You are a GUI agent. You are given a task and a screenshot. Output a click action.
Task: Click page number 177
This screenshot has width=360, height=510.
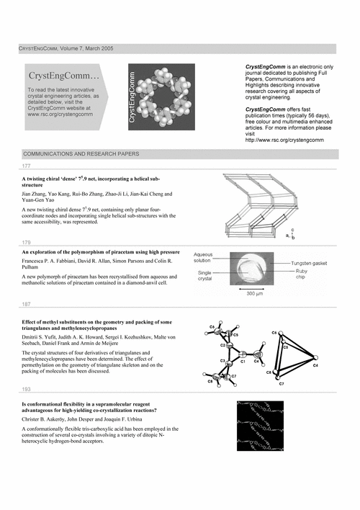pyautogui.click(x=26, y=166)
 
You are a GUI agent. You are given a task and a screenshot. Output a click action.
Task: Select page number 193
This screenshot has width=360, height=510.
pyautogui.click(x=26, y=389)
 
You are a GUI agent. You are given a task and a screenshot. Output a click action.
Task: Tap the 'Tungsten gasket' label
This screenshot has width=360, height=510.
pyautogui.click(x=309, y=264)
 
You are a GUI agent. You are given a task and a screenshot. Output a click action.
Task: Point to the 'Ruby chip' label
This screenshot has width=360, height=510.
pyautogui.click(x=302, y=274)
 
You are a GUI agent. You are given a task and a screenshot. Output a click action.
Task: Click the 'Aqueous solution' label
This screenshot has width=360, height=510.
pyautogui.click(x=202, y=258)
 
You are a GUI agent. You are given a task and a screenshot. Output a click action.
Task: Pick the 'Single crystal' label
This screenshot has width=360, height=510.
pyautogui.click(x=204, y=276)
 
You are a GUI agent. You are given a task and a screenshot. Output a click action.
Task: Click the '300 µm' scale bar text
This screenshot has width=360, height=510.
pyautogui.click(x=255, y=294)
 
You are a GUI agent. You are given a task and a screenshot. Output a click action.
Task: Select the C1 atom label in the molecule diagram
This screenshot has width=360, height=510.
pyautogui.click(x=243, y=362)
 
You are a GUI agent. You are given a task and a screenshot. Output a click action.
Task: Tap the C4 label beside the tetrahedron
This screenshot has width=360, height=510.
pyautogui.click(x=315, y=365)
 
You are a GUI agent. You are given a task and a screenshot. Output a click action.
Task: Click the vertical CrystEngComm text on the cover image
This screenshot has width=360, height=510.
pyautogui.click(x=132, y=97)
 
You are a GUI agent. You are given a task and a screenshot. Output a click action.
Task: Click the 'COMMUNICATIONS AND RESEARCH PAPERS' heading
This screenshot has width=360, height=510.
pyautogui.click(x=81, y=154)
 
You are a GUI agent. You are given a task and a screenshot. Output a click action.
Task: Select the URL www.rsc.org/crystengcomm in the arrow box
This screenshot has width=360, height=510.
pyautogui.click(x=60, y=114)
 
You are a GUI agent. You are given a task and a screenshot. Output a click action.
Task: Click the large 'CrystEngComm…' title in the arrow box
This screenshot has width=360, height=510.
pyautogui.click(x=64, y=76)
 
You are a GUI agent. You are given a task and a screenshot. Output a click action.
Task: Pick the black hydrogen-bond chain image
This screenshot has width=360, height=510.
pyautogui.click(x=260, y=426)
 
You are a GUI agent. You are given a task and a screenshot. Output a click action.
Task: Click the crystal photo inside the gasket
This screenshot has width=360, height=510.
pyautogui.click(x=252, y=269)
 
